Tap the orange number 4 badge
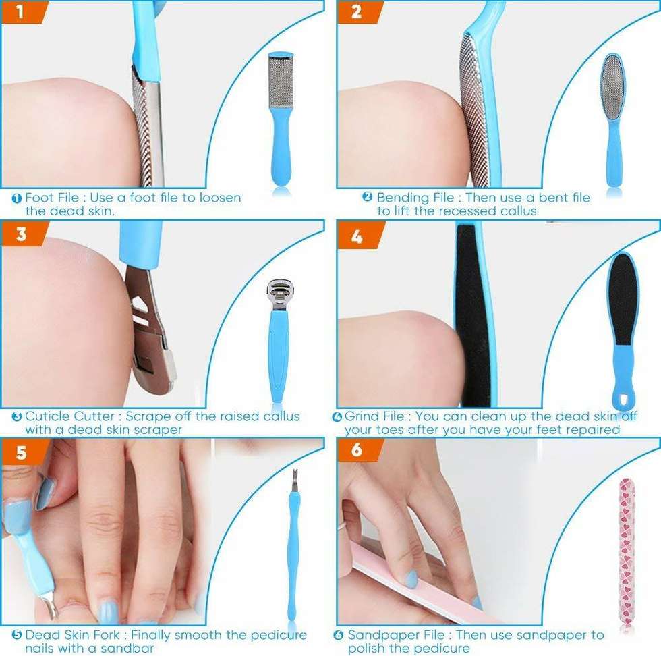click(x=358, y=235)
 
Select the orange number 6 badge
click(x=358, y=449)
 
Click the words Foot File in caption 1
click(x=52, y=198)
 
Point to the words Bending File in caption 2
click(x=415, y=198)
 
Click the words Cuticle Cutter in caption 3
click(x=69, y=416)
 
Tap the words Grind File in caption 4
click(x=374, y=416)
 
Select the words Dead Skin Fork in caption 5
click(x=72, y=635)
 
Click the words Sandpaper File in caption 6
click(x=396, y=635)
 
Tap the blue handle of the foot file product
click(x=281, y=146)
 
